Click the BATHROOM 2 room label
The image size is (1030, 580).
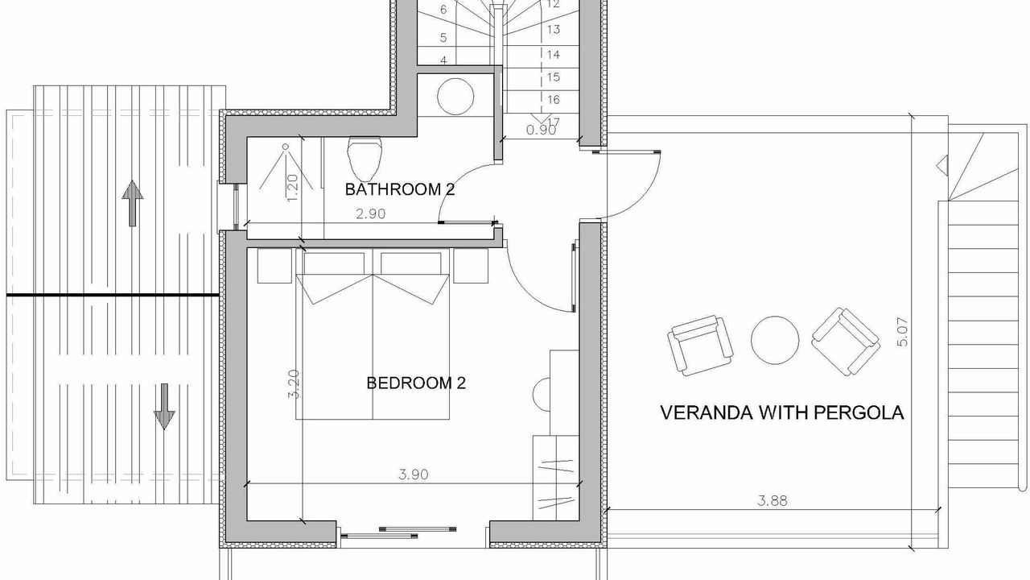400,189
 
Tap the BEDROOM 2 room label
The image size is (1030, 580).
416,383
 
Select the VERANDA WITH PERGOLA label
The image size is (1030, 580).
782,412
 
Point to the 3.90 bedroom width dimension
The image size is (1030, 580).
414,474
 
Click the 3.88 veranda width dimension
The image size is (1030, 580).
772,500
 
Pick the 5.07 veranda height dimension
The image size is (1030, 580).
903,332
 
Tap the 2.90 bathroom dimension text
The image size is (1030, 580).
371,213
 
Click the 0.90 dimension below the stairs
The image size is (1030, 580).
541,130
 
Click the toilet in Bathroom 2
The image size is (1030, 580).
365,157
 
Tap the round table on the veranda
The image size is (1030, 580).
775,340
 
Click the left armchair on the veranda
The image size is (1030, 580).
700,346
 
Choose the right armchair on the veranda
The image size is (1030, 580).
846,342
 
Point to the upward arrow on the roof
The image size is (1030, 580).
133,203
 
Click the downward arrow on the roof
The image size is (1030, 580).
164,407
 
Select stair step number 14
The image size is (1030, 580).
554,54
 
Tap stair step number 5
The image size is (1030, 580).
443,37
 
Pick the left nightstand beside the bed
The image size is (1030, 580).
274,266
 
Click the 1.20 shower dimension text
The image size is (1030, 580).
291,188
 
